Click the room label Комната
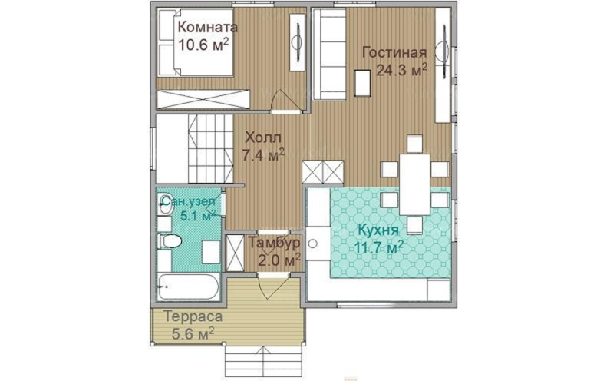coord(207,28)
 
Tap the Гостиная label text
coord(394,52)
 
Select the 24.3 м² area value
coord(402,71)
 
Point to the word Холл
coord(263,137)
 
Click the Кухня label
coord(378,230)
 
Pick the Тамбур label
coord(275,242)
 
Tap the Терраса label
coord(193,316)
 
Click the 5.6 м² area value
coord(193,333)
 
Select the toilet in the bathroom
coord(170,240)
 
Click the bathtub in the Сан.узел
coord(188,287)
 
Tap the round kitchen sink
coord(312,244)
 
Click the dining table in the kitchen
coord(414,184)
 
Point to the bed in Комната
coord(196,43)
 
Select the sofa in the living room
coord(329,54)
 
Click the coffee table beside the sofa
coord(362,83)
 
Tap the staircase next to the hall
coord(210,148)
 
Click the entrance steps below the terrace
coord(264,363)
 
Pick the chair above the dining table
coord(414,144)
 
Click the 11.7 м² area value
coord(378,247)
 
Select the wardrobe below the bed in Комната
coord(203,99)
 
